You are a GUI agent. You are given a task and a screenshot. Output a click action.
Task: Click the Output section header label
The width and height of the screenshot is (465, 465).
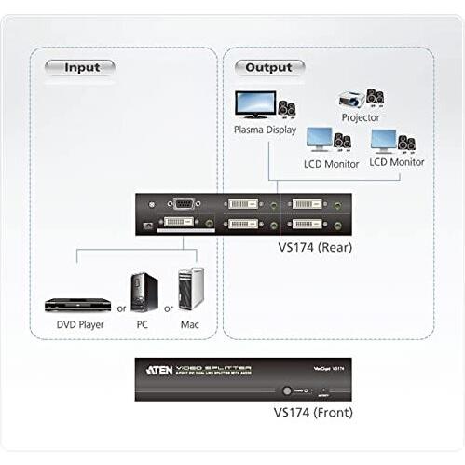point(268,67)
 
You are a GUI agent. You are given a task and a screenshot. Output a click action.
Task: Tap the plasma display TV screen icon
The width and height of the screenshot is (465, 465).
point(254,103)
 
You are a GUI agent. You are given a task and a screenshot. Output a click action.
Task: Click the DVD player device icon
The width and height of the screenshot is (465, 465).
point(73,304)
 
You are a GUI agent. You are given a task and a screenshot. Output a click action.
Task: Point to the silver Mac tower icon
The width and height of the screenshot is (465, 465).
point(190,290)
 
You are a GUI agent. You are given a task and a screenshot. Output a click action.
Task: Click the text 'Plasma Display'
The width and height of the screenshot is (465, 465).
point(265,130)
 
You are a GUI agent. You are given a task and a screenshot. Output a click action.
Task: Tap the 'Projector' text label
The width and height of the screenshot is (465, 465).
point(361,118)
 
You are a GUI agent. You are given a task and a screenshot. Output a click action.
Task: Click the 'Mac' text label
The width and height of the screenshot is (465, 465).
point(189,325)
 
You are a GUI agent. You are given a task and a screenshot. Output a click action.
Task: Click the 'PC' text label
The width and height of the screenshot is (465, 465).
point(141,325)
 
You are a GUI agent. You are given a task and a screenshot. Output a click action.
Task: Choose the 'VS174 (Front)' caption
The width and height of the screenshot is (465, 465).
point(302,411)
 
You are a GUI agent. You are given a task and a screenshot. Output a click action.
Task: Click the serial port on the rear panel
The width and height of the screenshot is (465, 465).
point(186,203)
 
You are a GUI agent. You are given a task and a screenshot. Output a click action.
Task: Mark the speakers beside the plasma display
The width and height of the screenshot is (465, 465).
point(286,107)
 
